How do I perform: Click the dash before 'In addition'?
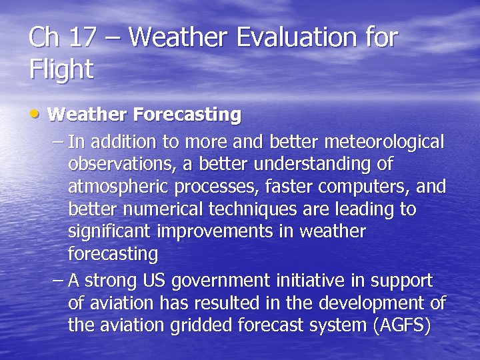click(57, 141)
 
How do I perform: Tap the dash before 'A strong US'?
click(57, 281)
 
